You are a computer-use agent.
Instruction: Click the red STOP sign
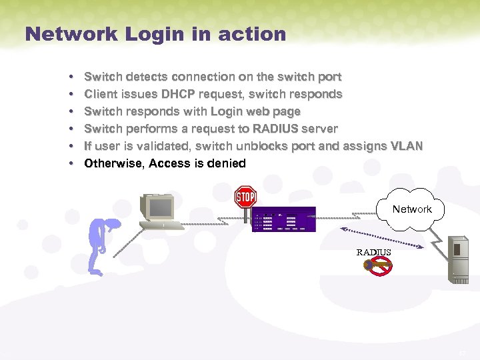click(245, 197)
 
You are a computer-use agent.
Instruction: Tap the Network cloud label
click(411, 209)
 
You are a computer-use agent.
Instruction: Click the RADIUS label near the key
click(373, 252)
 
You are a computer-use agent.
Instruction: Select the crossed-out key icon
click(378, 267)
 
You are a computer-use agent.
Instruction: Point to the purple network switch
click(283, 219)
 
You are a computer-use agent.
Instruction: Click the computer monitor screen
click(160, 208)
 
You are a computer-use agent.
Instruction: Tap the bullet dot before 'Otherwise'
click(71, 163)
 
